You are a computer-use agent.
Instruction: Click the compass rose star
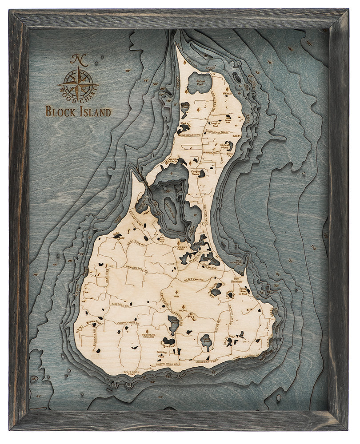(x=78, y=83)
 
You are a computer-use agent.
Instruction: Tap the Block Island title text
(x=78, y=111)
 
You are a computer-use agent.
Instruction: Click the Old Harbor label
(x=239, y=263)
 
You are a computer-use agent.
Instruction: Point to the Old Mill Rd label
(x=120, y=305)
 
